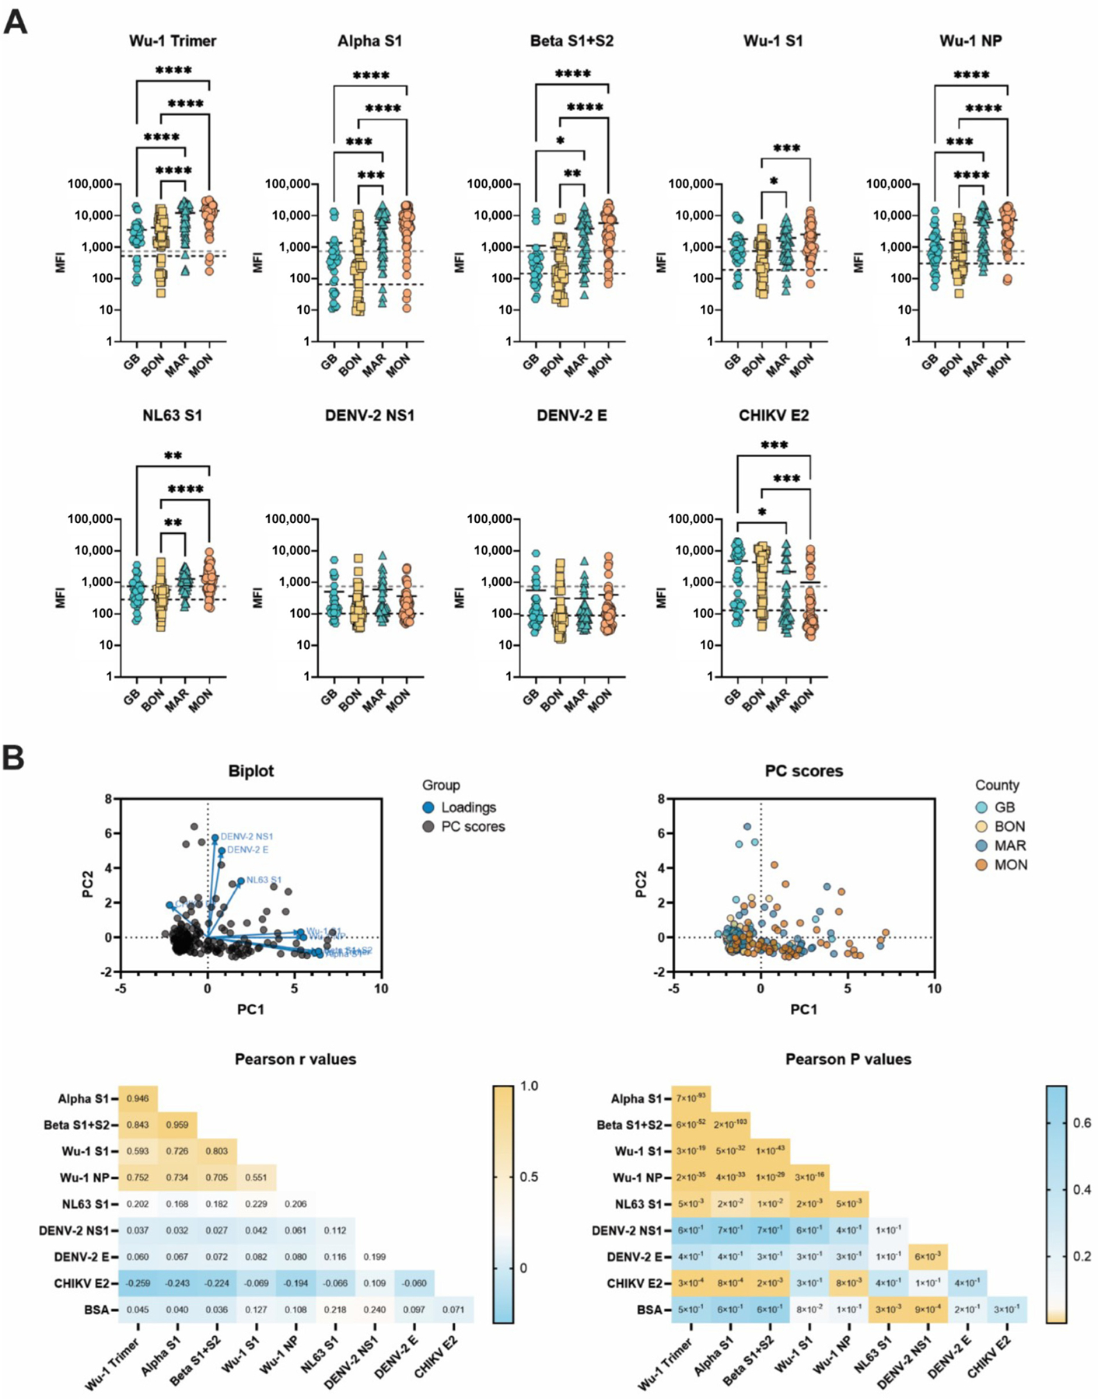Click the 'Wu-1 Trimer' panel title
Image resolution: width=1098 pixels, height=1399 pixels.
click(x=173, y=41)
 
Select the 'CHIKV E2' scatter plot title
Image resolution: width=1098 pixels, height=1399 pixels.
click(x=774, y=416)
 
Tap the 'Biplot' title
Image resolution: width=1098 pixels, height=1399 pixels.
click(x=251, y=771)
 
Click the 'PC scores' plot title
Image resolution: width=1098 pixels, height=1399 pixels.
click(x=804, y=771)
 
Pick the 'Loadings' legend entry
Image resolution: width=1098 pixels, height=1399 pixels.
click(x=468, y=808)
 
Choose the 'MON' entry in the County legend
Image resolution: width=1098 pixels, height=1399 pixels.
click(x=1010, y=865)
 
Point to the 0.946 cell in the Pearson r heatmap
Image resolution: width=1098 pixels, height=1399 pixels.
click(x=138, y=1099)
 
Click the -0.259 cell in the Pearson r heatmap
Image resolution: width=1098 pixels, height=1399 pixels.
click(x=138, y=1283)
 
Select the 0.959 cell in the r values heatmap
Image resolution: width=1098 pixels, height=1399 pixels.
click(x=177, y=1125)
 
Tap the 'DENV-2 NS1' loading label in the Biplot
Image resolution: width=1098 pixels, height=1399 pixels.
click(x=247, y=837)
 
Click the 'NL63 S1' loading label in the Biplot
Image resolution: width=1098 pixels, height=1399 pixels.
click(x=264, y=880)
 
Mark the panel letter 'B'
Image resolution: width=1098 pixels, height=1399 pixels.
click(x=13, y=759)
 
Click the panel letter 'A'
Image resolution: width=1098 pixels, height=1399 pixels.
click(x=15, y=22)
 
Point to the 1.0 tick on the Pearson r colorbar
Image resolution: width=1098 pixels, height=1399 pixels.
click(x=529, y=1087)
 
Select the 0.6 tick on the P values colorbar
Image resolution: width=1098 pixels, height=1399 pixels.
click(x=1082, y=1123)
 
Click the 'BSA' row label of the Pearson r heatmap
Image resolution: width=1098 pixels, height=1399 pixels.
click(x=96, y=1310)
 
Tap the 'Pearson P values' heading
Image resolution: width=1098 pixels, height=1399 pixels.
click(x=848, y=1059)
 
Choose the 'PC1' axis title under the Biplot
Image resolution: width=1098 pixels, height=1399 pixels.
click(x=250, y=1009)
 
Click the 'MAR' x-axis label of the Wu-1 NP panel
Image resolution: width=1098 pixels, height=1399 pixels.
click(x=974, y=365)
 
